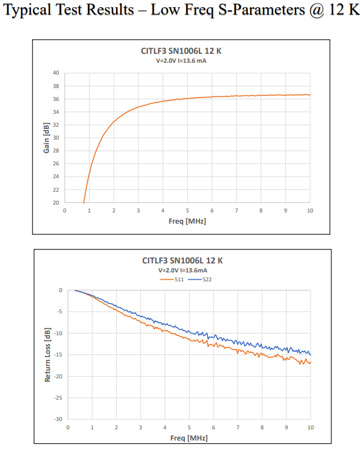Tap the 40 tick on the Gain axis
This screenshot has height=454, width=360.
coord(56,73)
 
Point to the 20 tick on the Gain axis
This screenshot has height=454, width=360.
coord(56,203)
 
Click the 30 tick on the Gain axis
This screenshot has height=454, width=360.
coord(56,138)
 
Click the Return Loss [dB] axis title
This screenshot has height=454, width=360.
coord(48,355)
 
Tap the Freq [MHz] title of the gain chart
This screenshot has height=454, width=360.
coord(187,221)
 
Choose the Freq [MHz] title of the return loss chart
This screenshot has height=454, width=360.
coord(189,437)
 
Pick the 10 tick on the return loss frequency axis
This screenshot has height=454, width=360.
coord(310,427)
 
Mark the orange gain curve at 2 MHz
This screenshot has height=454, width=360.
coord(114,121)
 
